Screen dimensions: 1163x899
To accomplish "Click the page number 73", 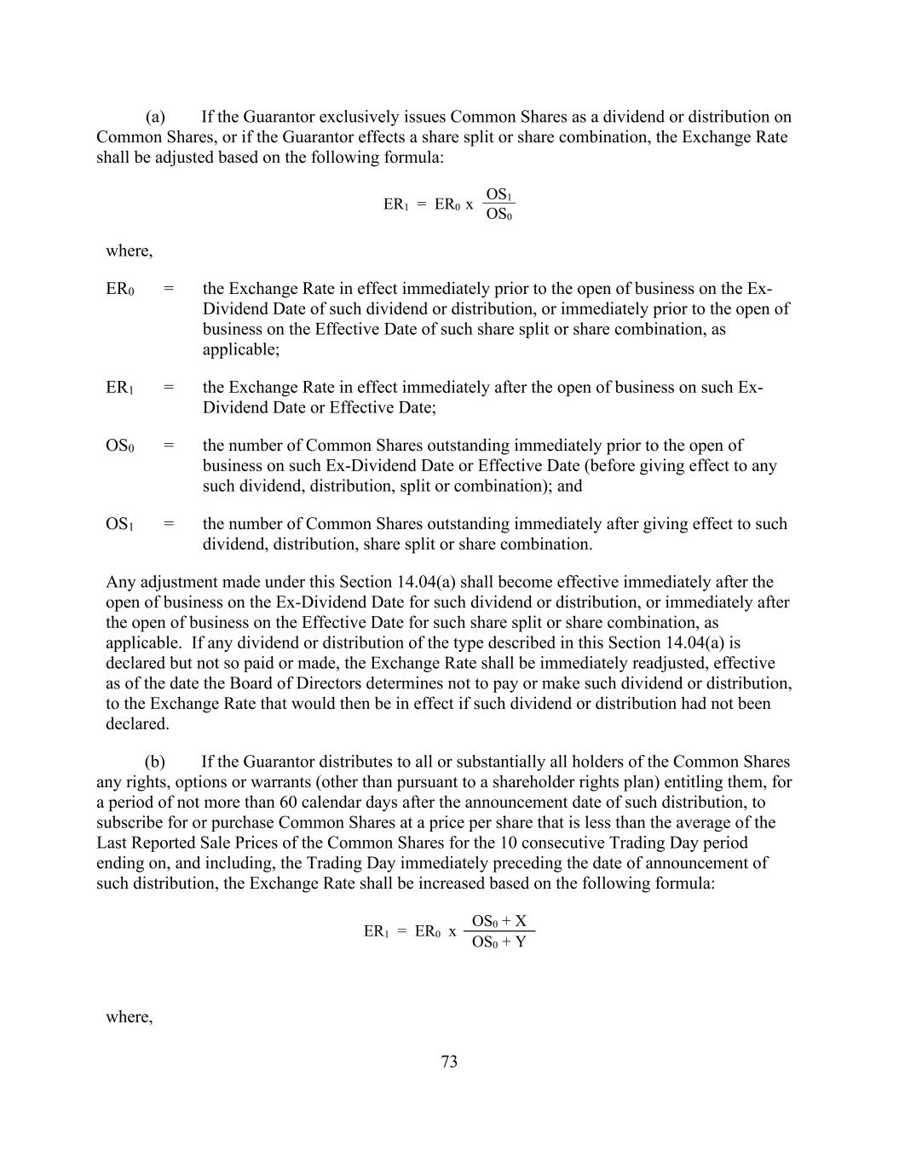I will pyautogui.click(x=449, y=1061).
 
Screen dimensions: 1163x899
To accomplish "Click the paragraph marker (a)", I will pyautogui.click(x=155, y=117).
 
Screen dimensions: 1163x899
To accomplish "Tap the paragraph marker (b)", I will pyautogui.click(x=155, y=761).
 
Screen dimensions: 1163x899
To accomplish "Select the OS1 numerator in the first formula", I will pyautogui.click(x=499, y=194).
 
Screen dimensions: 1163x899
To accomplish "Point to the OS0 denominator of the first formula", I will pyautogui.click(x=499, y=214).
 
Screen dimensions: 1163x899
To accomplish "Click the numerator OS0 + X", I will pyautogui.click(x=499, y=921).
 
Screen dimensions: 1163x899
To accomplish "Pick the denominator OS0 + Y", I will pyautogui.click(x=499, y=942).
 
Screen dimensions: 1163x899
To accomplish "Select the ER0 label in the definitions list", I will pyautogui.click(x=119, y=289).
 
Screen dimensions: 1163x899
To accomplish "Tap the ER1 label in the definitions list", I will pyautogui.click(x=119, y=388).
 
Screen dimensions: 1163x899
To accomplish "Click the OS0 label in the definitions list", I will pyautogui.click(x=119, y=446).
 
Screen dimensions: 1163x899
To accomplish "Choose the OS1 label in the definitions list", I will pyautogui.click(x=119, y=524).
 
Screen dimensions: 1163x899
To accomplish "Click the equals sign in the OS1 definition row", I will pyautogui.click(x=168, y=524).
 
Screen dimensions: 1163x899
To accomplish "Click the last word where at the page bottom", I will pyautogui.click(x=129, y=1016).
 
